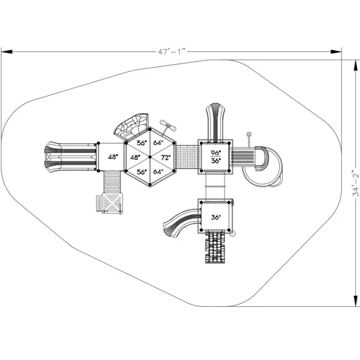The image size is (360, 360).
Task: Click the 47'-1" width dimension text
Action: point(171,51)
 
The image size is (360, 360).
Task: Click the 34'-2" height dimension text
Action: point(355,183)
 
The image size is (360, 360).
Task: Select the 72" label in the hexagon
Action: point(166,158)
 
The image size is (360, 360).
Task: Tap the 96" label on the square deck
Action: point(216,152)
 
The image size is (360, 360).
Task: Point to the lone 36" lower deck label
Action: point(216,217)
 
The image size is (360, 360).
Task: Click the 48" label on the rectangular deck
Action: point(113,157)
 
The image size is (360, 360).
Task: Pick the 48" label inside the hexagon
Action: point(136,157)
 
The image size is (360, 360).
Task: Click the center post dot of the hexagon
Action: point(150,157)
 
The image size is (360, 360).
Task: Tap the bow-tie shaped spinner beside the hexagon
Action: point(168,126)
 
